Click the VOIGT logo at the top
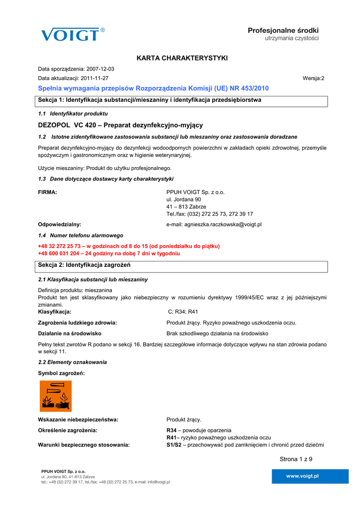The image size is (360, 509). pyautogui.click(x=73, y=34)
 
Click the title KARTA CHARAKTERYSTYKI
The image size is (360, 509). pyautogui.click(x=182, y=59)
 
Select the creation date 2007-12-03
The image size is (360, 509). pyautogui.click(x=100, y=69)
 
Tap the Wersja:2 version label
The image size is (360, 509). pyautogui.click(x=313, y=79)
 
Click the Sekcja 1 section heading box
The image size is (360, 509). pyautogui.click(x=182, y=101)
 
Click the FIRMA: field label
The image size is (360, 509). pyautogui.click(x=47, y=192)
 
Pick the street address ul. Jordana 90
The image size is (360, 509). pyautogui.click(x=183, y=199)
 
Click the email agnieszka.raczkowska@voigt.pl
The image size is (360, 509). pyautogui.click(x=214, y=225)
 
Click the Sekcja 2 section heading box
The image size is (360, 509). pyautogui.click(x=182, y=266)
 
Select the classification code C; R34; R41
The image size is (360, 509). pyautogui.click(x=183, y=312)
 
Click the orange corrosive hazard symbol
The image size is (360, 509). pyautogui.click(x=56, y=396)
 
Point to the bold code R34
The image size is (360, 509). pyautogui.click(x=172, y=430)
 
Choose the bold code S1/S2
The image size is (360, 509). pyautogui.click(x=174, y=445)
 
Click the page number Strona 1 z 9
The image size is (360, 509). pyautogui.click(x=296, y=459)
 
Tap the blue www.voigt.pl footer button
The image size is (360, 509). pyautogui.click(x=302, y=476)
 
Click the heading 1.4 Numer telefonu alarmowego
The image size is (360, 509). pyautogui.click(x=81, y=236)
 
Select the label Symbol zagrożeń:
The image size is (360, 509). pyautogui.click(x=61, y=373)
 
